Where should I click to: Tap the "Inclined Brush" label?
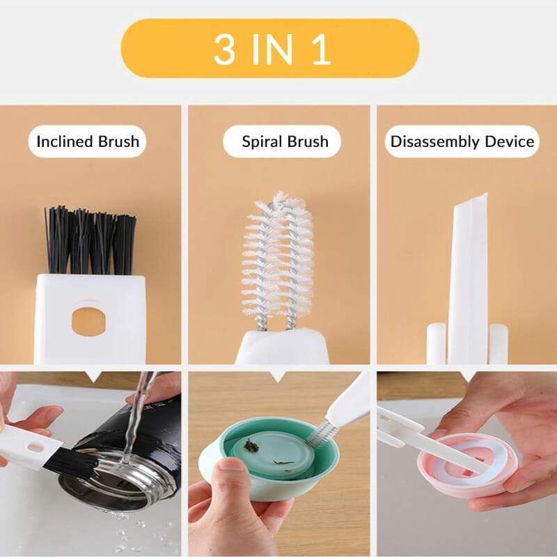[88, 142]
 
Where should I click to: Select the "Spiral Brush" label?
[285, 142]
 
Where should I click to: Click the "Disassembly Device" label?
[462, 142]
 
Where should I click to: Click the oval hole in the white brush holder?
[91, 318]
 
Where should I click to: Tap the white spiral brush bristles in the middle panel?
[278, 258]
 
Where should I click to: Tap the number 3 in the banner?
[224, 49]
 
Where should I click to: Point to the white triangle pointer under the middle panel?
[278, 377]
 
